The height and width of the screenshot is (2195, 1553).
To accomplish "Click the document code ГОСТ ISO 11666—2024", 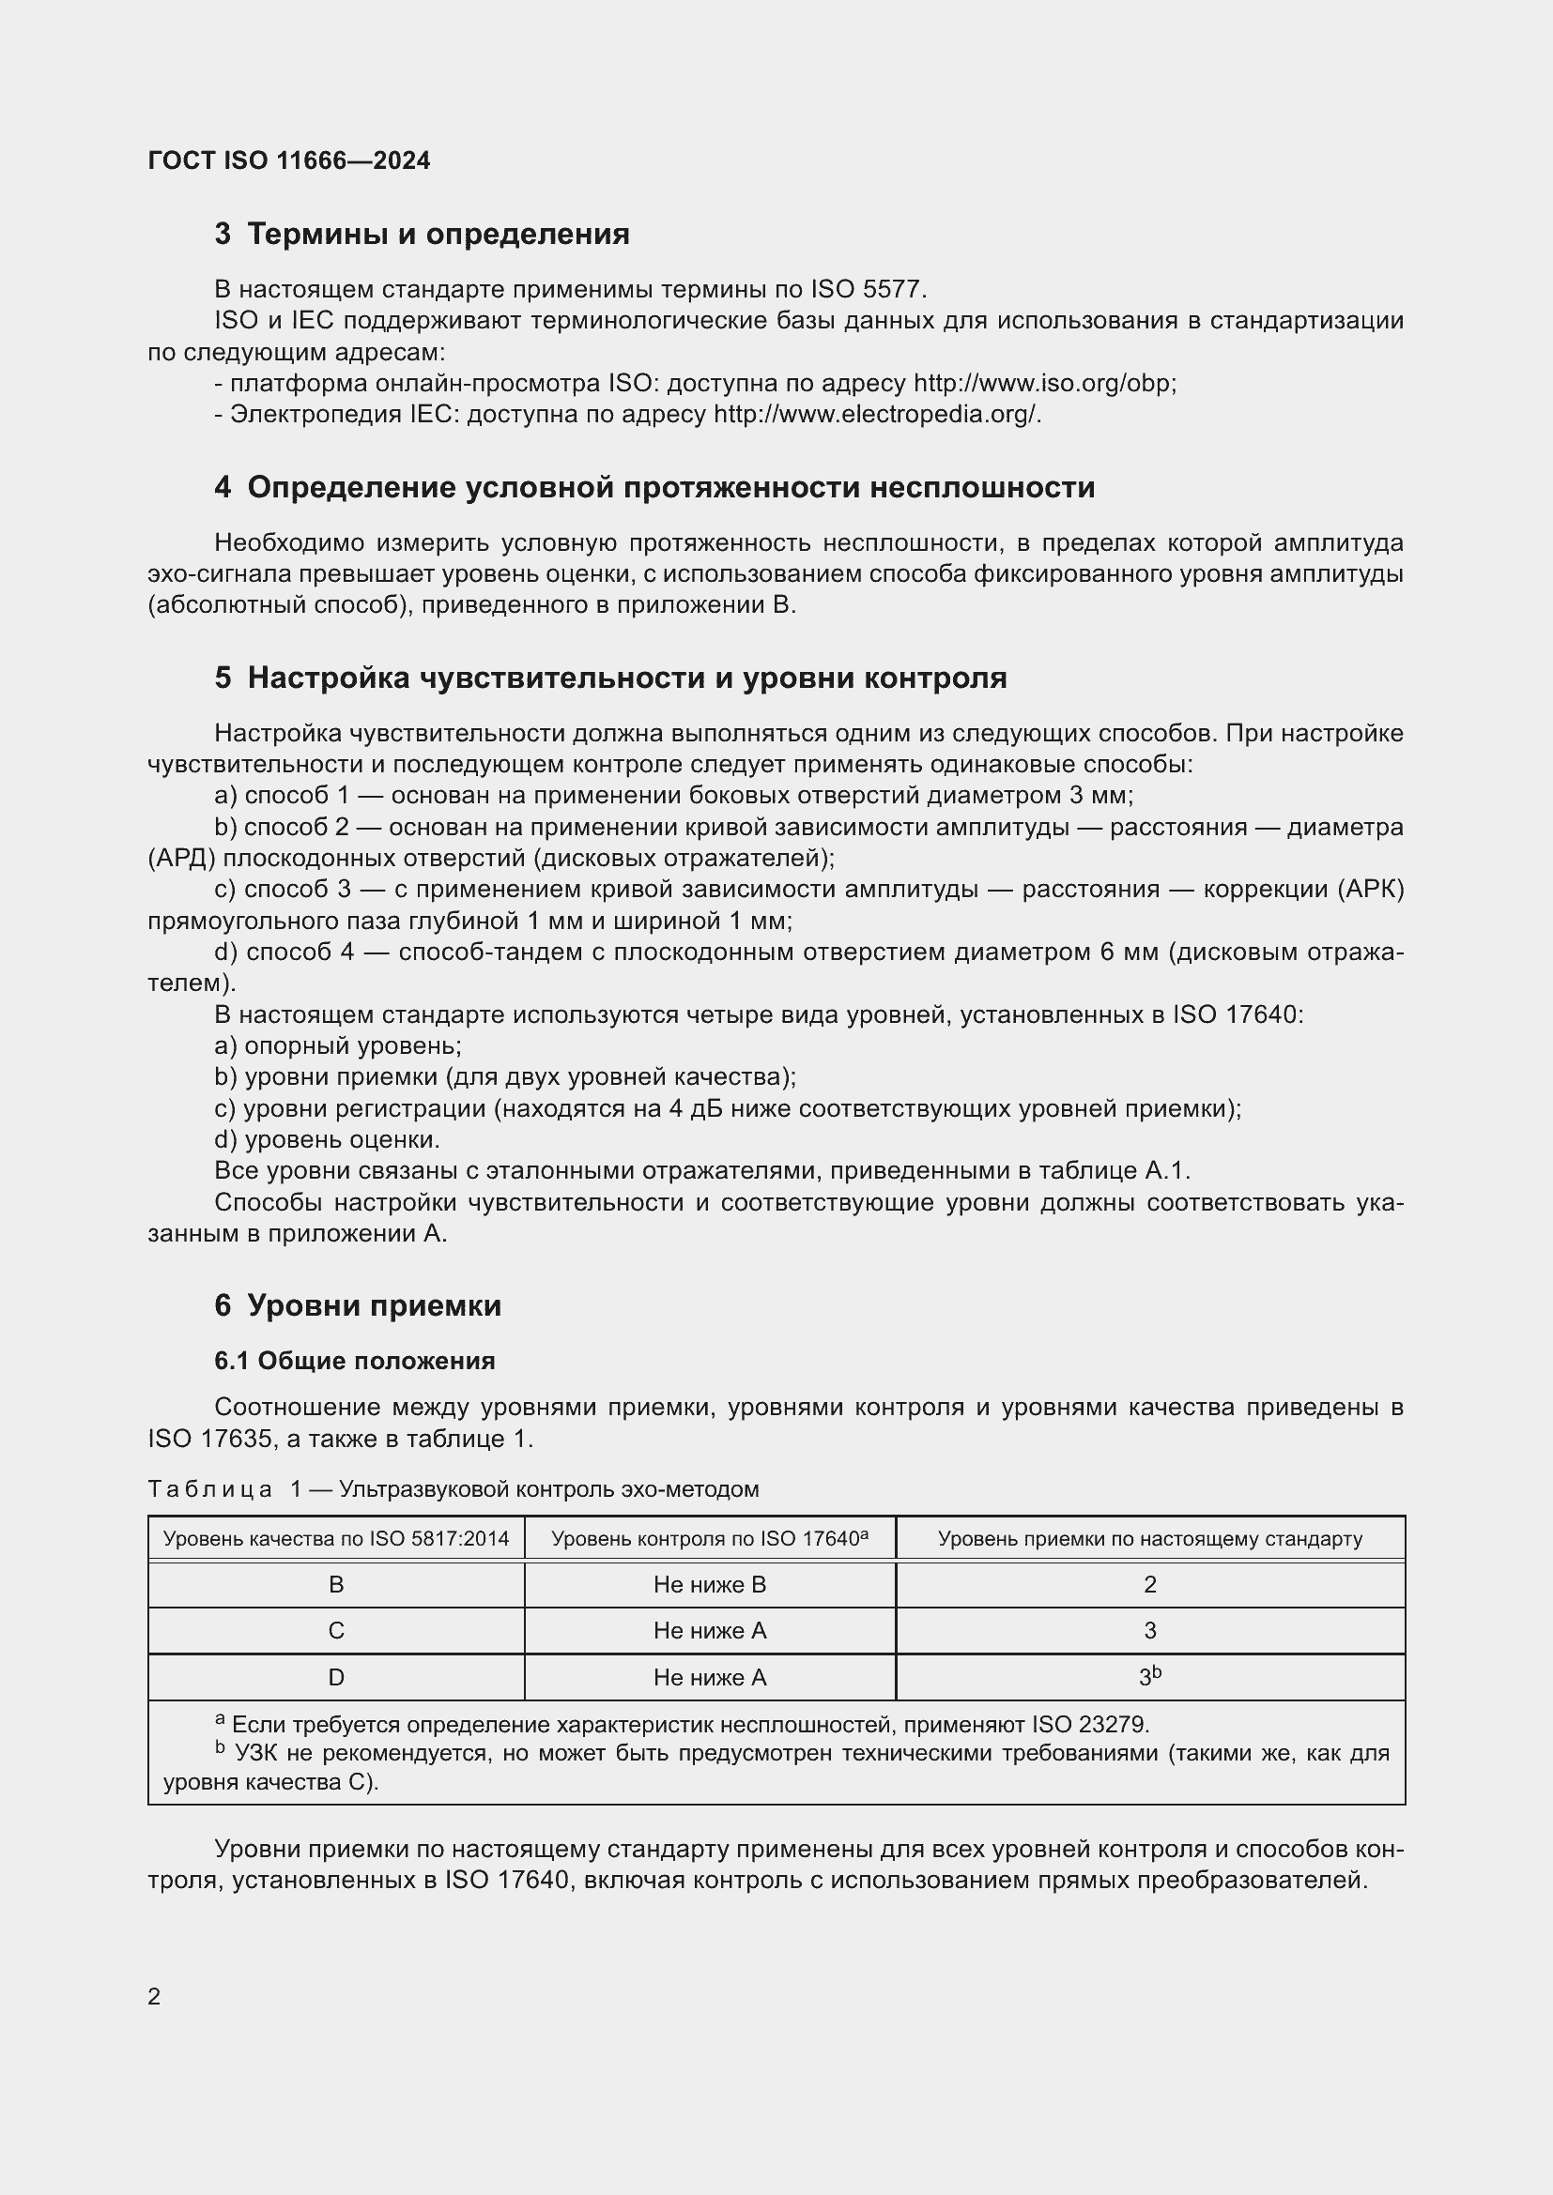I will [x=289, y=160].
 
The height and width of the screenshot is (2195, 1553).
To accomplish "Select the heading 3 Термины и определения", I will [x=422, y=235].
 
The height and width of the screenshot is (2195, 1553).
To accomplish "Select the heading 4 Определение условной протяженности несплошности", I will [x=654, y=488].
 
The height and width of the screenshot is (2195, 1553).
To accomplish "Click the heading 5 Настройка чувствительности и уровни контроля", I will [x=610, y=678].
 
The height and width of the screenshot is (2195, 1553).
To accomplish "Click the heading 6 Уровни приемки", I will [x=358, y=1306].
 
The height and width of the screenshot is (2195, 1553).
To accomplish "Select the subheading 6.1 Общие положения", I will [x=355, y=1362].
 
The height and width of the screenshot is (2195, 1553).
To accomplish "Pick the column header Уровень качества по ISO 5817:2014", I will [x=335, y=1539].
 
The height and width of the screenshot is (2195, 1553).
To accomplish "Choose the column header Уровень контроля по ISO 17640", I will [x=710, y=1539].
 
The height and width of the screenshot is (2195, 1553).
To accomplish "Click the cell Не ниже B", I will [x=710, y=1585].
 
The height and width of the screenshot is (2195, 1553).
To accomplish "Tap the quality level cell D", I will [x=335, y=1677].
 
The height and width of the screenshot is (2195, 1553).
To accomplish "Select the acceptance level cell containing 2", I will [x=1149, y=1585].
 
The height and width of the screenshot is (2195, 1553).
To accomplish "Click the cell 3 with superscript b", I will [x=1149, y=1677].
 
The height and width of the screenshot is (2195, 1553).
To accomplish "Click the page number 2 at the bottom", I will [x=154, y=1997].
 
